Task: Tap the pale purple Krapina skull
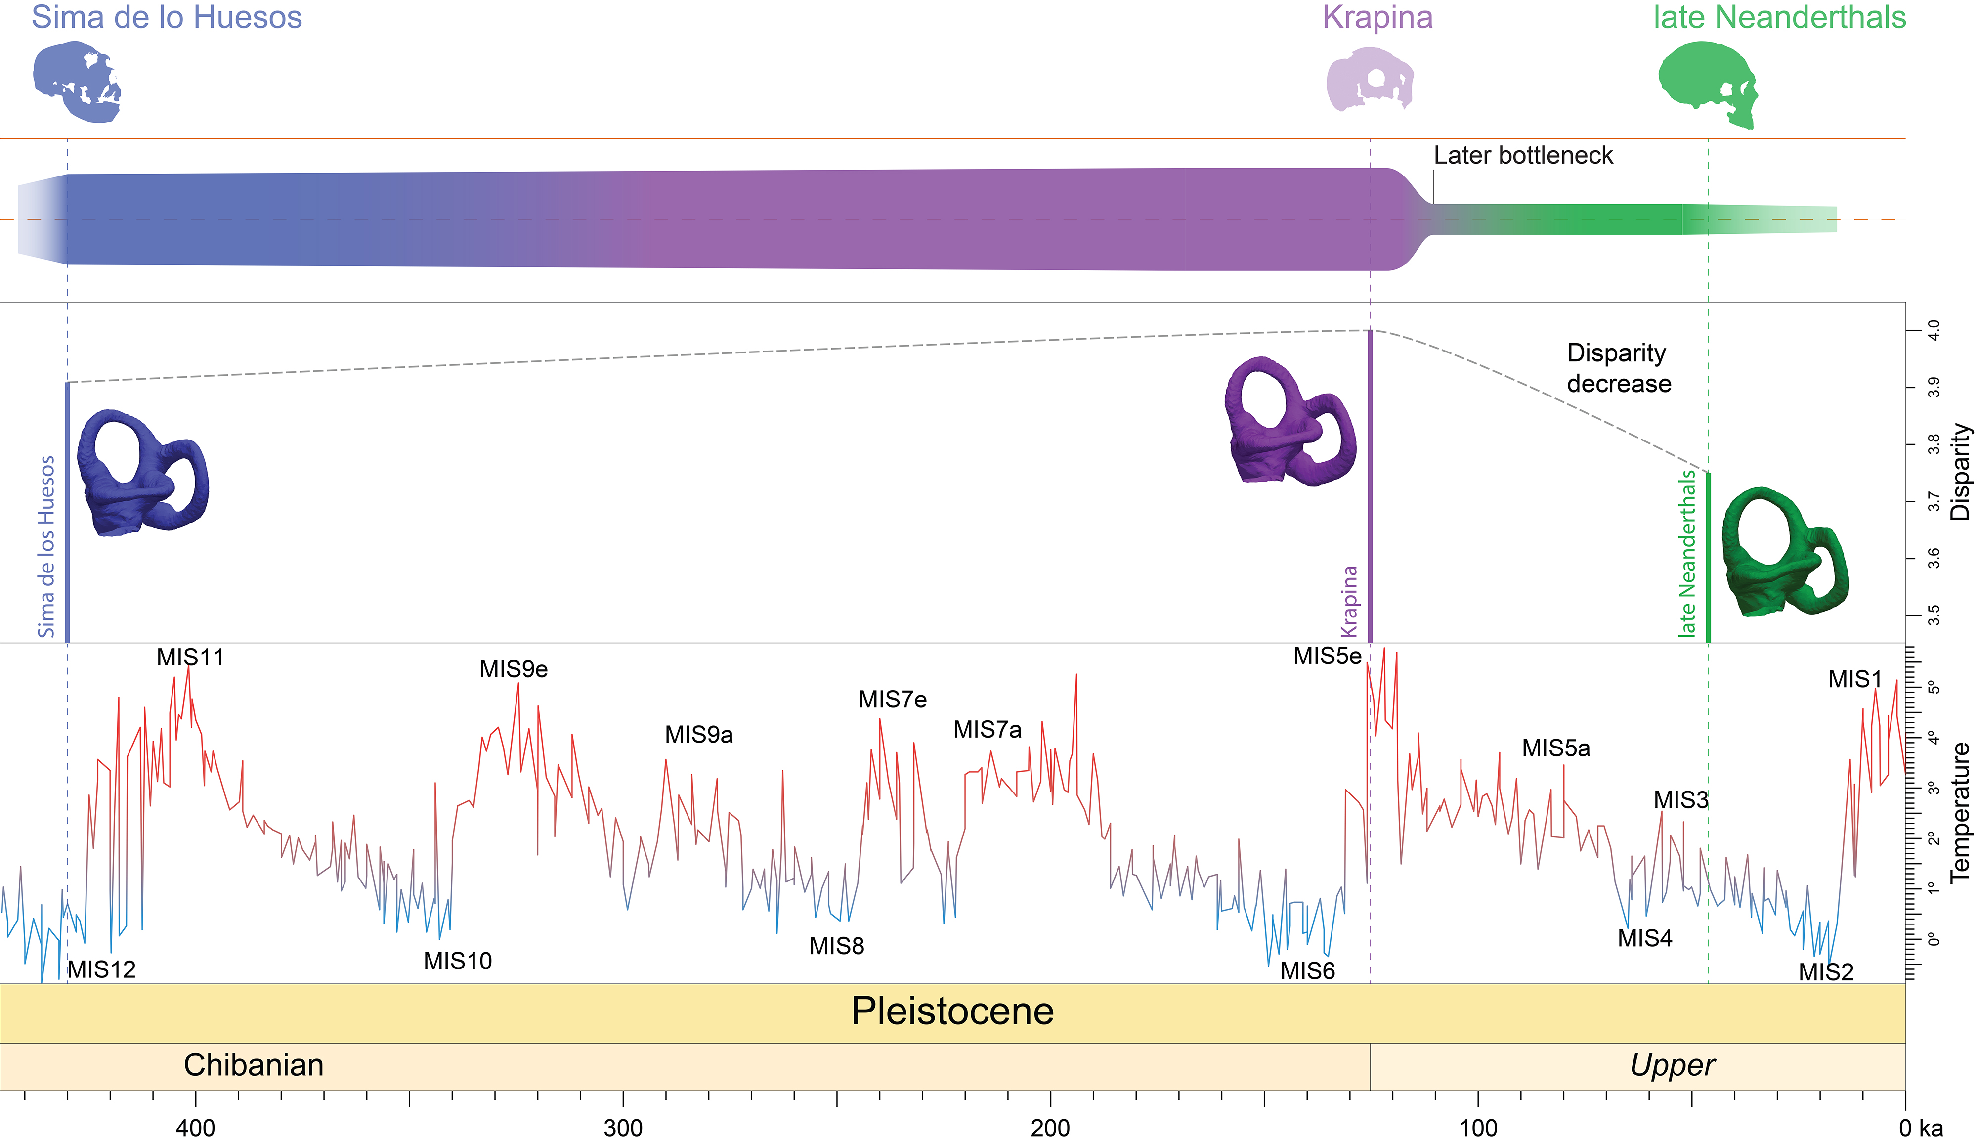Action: [x=1369, y=79]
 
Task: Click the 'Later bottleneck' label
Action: [x=1523, y=155]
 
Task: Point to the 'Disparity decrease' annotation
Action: [x=1619, y=368]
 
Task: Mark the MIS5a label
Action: [x=1556, y=748]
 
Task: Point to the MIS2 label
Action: [x=1826, y=972]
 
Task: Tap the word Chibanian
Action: [x=254, y=1065]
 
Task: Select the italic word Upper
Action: [x=1672, y=1065]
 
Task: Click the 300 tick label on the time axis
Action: [x=623, y=1128]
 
